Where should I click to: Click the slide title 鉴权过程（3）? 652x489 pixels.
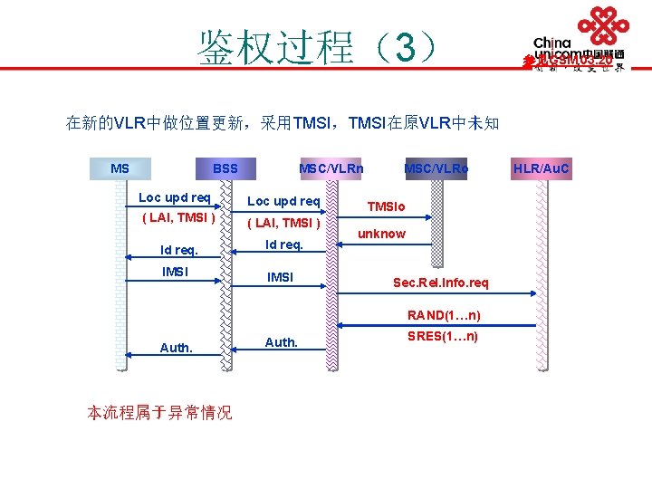point(318,46)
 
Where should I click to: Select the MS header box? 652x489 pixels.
point(120,168)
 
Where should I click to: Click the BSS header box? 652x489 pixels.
point(225,168)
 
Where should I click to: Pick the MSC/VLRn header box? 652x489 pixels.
point(331,168)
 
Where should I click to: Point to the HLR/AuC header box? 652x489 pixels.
point(542,168)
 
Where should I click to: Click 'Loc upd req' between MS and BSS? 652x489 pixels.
point(174,197)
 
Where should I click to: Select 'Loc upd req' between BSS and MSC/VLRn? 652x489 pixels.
point(283,201)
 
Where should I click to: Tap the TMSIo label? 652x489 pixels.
point(387,207)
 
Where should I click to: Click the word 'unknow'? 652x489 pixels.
point(381,234)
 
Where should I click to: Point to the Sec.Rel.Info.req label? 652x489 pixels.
point(440,283)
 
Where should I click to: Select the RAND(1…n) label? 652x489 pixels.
point(444,315)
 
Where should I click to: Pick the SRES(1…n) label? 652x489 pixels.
point(444,337)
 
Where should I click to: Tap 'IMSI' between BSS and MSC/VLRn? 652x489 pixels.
point(281,277)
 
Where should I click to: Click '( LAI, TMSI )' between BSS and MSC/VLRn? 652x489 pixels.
point(283,224)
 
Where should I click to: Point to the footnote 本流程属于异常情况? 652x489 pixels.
point(158,412)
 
